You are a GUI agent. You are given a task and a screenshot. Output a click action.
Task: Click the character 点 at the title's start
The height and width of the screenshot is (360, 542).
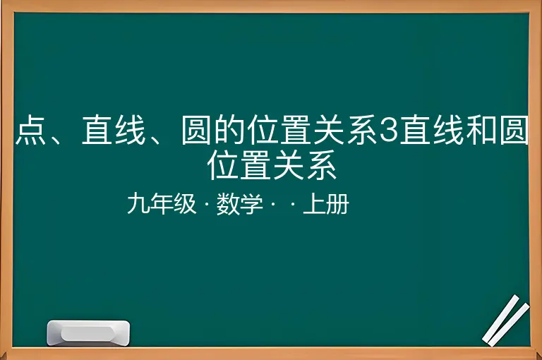(x=31, y=131)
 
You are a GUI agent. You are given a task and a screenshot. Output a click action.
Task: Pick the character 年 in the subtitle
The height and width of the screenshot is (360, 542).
(x=162, y=204)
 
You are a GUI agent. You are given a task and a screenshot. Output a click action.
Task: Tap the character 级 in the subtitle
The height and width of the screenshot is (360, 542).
(x=185, y=204)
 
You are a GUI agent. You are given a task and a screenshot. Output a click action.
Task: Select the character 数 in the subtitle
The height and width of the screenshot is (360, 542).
(x=228, y=204)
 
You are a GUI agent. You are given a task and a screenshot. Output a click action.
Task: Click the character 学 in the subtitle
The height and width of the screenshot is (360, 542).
(x=251, y=204)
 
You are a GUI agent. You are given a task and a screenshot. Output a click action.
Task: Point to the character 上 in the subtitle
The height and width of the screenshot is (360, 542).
(x=314, y=204)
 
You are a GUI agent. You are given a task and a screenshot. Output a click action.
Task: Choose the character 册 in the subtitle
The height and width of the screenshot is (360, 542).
(x=337, y=204)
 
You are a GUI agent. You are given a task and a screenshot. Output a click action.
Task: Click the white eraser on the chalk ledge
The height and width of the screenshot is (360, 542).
(x=88, y=333)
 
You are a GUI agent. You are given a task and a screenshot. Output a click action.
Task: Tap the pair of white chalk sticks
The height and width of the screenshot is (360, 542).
(x=506, y=320)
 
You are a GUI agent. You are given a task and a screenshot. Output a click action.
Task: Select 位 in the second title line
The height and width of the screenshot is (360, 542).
(x=222, y=165)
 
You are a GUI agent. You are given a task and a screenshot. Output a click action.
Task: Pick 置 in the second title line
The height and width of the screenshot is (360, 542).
(x=255, y=165)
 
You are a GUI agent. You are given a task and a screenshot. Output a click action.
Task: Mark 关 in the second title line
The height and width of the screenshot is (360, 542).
(x=288, y=165)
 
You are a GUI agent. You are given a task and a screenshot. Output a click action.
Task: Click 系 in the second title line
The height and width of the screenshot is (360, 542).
(x=322, y=165)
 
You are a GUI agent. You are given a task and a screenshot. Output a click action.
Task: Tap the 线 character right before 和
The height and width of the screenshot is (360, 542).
(x=449, y=131)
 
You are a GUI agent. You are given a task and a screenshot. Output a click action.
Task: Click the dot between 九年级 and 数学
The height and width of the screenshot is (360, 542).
(x=207, y=204)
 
